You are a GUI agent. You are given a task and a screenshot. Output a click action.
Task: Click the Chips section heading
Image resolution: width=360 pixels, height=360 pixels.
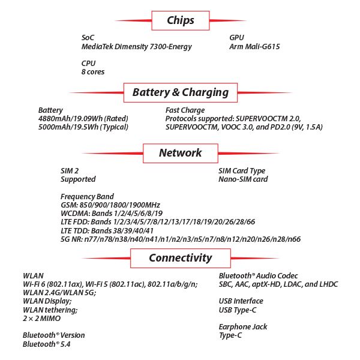181,20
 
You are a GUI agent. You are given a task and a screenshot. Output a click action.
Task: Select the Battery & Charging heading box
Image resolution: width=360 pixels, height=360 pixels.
180,92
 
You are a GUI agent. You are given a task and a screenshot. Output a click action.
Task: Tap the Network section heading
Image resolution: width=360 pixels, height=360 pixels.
180,152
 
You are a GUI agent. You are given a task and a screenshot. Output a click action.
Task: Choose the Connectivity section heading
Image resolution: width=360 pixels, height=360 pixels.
180,258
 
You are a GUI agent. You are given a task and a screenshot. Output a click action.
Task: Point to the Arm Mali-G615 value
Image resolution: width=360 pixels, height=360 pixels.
254,46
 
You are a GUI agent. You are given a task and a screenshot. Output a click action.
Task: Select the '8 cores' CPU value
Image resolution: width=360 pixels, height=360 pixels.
93,72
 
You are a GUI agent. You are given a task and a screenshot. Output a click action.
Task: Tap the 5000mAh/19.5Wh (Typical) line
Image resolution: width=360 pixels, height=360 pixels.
83,127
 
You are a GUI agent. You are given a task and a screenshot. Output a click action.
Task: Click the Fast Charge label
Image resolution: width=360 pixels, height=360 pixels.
185,110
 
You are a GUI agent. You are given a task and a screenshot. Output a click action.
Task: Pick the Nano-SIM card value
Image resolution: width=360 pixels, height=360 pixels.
243,179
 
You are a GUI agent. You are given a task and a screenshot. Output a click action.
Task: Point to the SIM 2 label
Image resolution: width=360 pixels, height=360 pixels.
70,170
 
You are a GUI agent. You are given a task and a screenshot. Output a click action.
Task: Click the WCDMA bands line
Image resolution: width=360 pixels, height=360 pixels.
112,214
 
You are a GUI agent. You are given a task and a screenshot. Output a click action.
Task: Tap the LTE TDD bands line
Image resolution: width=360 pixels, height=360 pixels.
107,230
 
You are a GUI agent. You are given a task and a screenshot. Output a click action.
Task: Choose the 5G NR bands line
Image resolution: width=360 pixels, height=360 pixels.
180,239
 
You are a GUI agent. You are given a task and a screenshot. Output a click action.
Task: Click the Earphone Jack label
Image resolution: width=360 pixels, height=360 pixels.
243,327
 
